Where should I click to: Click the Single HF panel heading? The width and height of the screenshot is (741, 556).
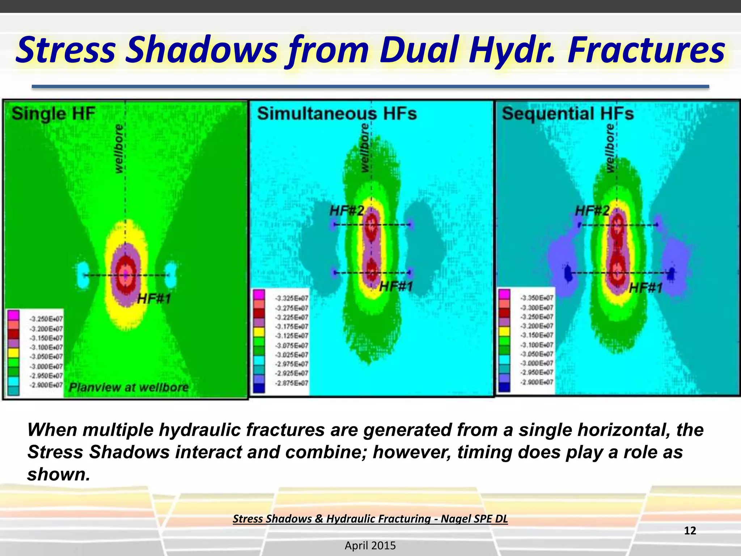coord(54,114)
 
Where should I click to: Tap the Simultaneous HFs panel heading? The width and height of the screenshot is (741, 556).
coord(337,114)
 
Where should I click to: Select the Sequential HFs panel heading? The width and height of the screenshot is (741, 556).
coord(568,114)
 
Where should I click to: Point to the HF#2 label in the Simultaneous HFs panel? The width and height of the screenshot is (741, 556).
coord(346,211)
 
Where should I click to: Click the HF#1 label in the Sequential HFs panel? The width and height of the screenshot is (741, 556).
coord(646,288)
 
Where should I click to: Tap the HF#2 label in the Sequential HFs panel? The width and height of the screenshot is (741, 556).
coord(592,211)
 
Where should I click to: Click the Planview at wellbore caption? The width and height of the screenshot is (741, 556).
coord(128,387)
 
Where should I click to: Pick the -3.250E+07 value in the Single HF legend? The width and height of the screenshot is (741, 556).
coord(46,319)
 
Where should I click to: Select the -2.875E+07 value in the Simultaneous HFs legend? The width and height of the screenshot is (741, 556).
coord(291,383)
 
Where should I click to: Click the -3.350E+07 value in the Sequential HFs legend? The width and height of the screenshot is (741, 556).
coord(537,298)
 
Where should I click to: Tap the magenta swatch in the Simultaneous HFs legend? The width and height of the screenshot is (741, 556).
coord(259,294)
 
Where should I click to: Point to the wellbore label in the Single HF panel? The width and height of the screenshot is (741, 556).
coord(119,148)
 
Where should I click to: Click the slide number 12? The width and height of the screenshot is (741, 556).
coord(690,531)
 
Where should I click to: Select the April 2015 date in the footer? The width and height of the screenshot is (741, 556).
coord(370,546)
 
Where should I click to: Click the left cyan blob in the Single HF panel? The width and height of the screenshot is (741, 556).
coord(83,275)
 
